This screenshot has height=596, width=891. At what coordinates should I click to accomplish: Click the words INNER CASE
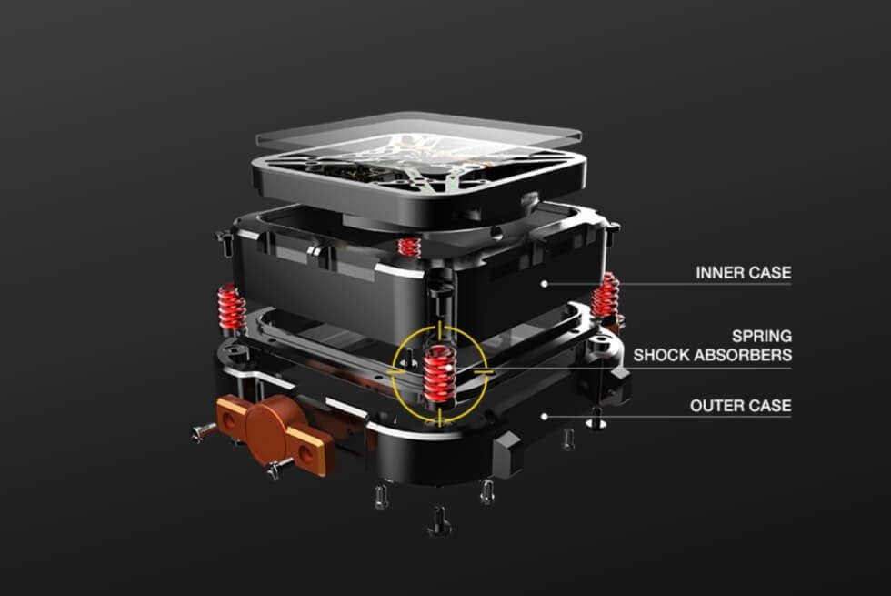pyautogui.click(x=743, y=272)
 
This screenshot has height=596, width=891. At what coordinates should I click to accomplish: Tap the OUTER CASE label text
pyautogui.click(x=740, y=405)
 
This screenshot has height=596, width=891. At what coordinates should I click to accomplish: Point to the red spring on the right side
pyautogui.click(x=606, y=296)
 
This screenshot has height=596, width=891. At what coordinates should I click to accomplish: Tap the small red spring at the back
pyautogui.click(x=410, y=246)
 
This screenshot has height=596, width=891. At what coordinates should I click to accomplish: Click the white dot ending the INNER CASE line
pyautogui.click(x=544, y=284)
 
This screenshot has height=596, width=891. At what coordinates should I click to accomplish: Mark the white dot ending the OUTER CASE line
pyautogui.click(x=545, y=417)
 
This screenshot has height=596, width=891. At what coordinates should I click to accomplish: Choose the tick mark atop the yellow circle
pyautogui.click(x=440, y=327)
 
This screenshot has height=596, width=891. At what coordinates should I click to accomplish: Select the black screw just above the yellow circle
pyautogui.click(x=439, y=290)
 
